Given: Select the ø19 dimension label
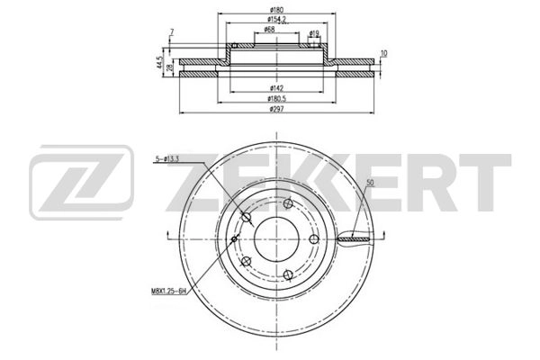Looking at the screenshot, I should pyautogui.click(x=314, y=34).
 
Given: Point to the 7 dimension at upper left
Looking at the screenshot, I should pyautogui.click(x=170, y=33).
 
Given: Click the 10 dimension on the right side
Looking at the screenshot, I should pyautogui.click(x=383, y=54).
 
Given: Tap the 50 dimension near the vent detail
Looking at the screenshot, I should pyautogui.click(x=370, y=184).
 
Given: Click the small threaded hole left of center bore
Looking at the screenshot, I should pyautogui.click(x=235, y=238).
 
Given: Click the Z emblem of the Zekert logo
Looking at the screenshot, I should pyautogui.click(x=81, y=186).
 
